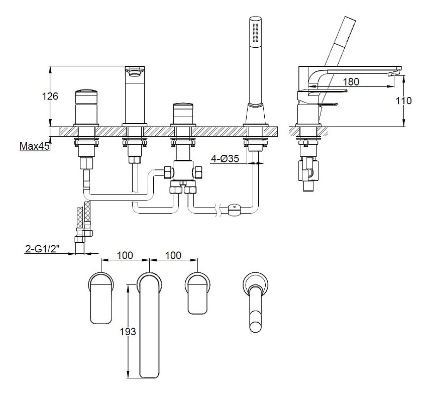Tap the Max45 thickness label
click(34, 147)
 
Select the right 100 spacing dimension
click(172, 255)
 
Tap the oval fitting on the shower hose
click(234, 210)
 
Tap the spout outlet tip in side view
click(396, 73)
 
